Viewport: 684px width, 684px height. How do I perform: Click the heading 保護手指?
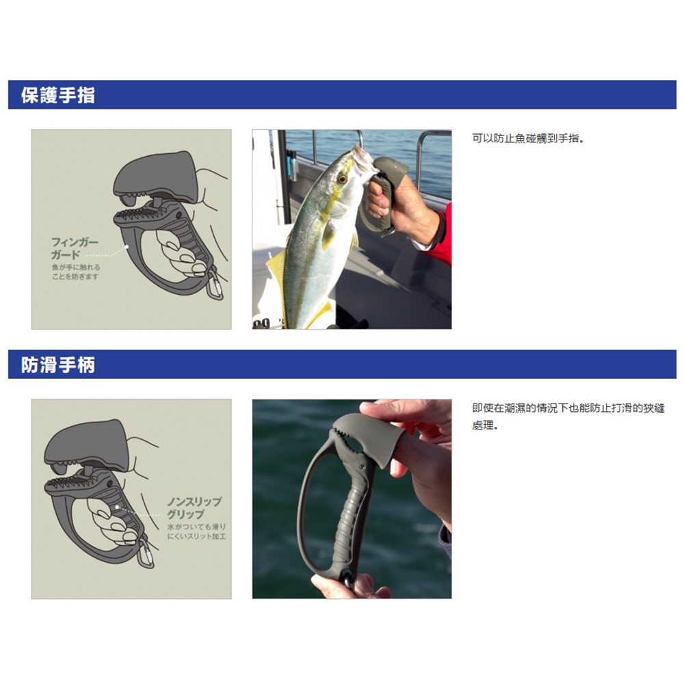(58, 96)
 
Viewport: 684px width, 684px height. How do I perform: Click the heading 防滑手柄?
(58, 365)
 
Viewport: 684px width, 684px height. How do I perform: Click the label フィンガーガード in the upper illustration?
(75, 248)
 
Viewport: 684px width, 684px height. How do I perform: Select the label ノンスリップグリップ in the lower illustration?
(195, 508)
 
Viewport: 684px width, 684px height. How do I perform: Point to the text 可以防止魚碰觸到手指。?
(529, 139)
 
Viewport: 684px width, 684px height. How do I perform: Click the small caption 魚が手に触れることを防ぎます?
(75, 272)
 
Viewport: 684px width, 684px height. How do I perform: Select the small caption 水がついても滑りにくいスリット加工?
(196, 531)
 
